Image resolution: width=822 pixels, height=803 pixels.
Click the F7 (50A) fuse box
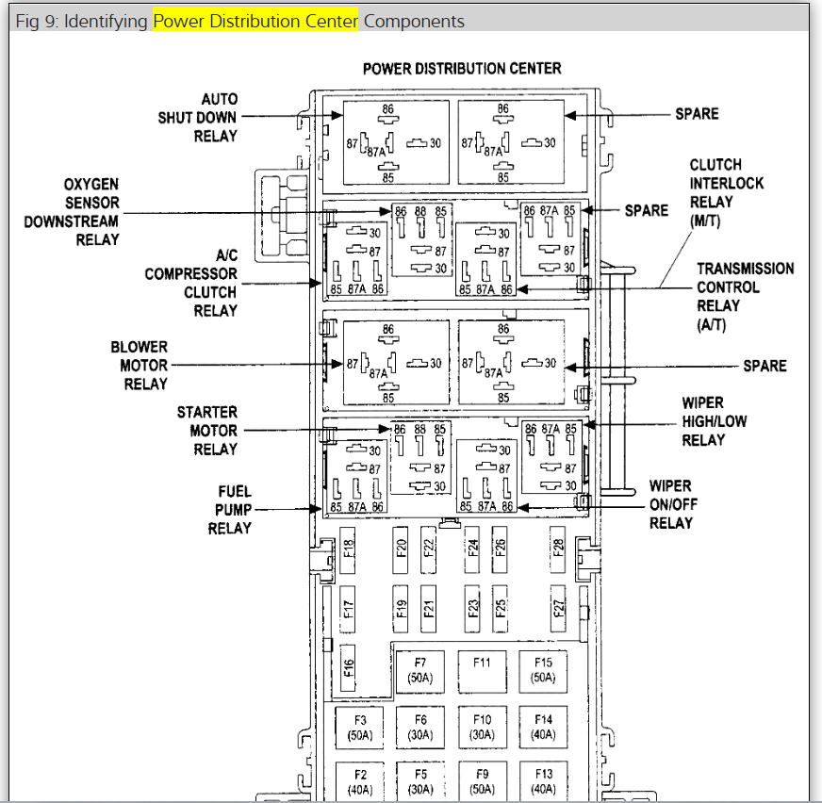pyautogui.click(x=420, y=670)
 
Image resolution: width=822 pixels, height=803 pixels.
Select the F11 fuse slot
pyautogui.click(x=482, y=670)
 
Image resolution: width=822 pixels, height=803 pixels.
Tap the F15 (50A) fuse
pyautogui.click(x=543, y=670)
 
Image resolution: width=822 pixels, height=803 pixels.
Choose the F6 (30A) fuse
pyautogui.click(x=420, y=728)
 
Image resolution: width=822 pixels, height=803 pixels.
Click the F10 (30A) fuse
pyautogui.click(x=482, y=728)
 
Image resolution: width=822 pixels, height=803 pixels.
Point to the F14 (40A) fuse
pyautogui.click(x=543, y=728)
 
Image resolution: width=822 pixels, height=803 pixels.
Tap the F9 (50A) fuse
pyautogui.click(x=482, y=780)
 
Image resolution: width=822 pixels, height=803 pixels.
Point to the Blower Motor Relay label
pyautogui.click(x=144, y=366)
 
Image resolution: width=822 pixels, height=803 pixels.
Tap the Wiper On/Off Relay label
pyautogui.click(x=673, y=504)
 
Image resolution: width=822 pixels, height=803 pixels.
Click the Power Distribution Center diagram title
pyautogui.click(x=462, y=69)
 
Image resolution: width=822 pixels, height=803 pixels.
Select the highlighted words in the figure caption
pyautogui.click(x=255, y=21)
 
